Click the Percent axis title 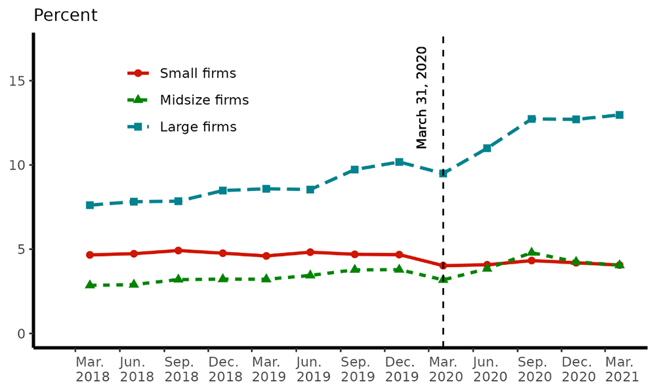[65, 16]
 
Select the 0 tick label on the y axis [22, 334]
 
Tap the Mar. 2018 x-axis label [89, 370]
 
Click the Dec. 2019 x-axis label [399, 370]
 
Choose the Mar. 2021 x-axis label [619, 370]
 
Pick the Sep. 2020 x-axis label [531, 370]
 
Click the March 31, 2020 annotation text [422, 97]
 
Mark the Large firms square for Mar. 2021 [619, 115]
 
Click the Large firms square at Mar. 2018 [90, 205]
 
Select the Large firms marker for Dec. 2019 [399, 162]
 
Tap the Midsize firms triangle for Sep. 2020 [531, 253]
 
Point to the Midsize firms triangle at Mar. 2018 [90, 285]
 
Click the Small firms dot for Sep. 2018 [178, 250]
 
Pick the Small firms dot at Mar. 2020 [443, 266]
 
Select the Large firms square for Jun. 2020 [487, 148]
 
